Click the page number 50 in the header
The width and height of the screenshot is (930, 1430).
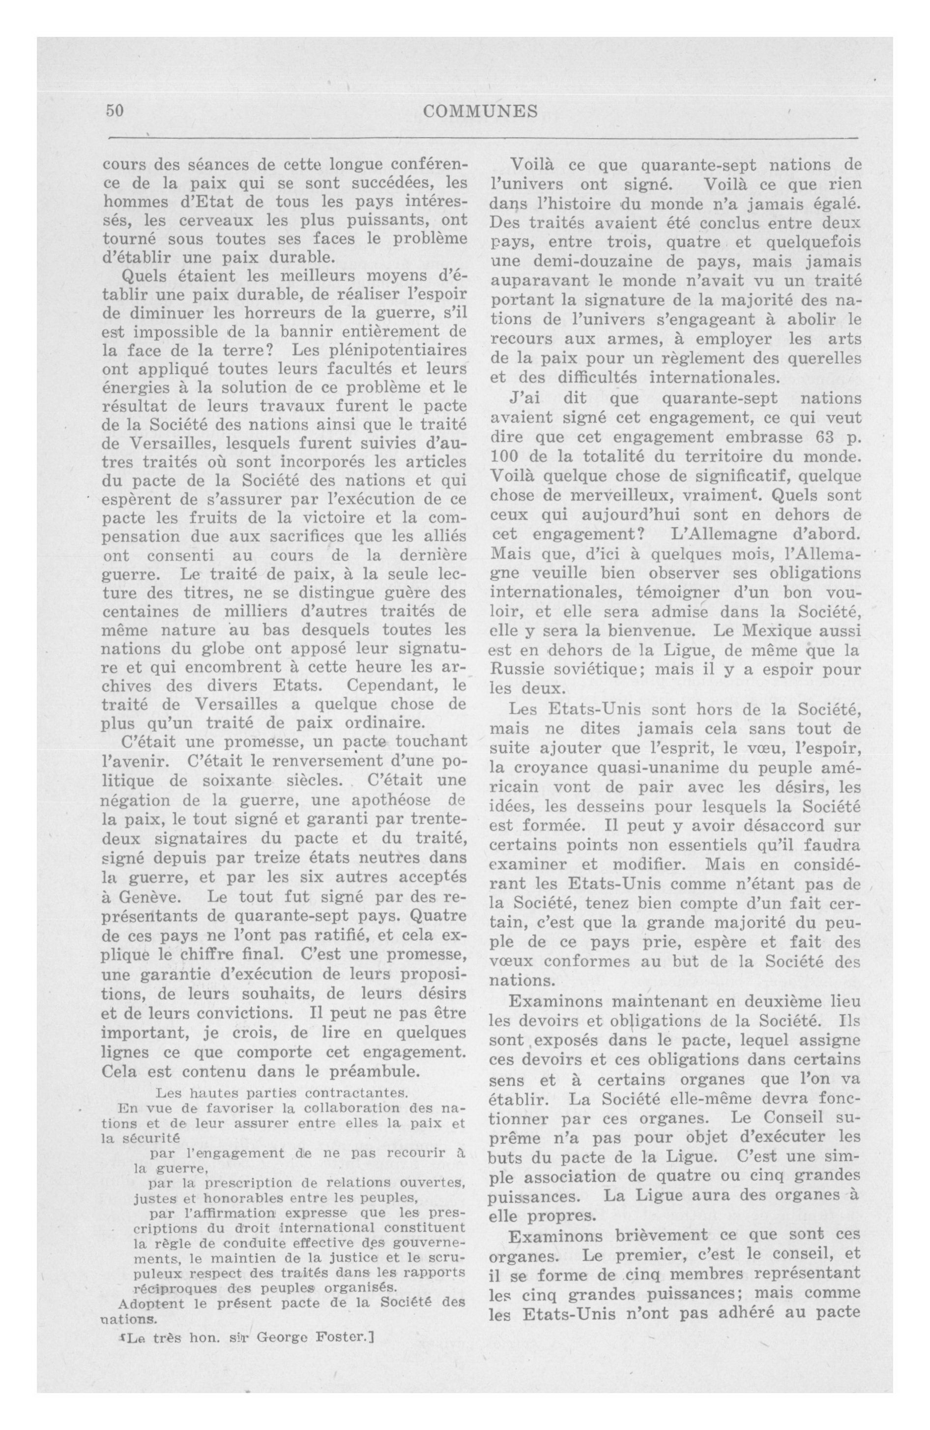click(115, 111)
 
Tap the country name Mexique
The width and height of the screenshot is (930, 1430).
click(779, 631)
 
